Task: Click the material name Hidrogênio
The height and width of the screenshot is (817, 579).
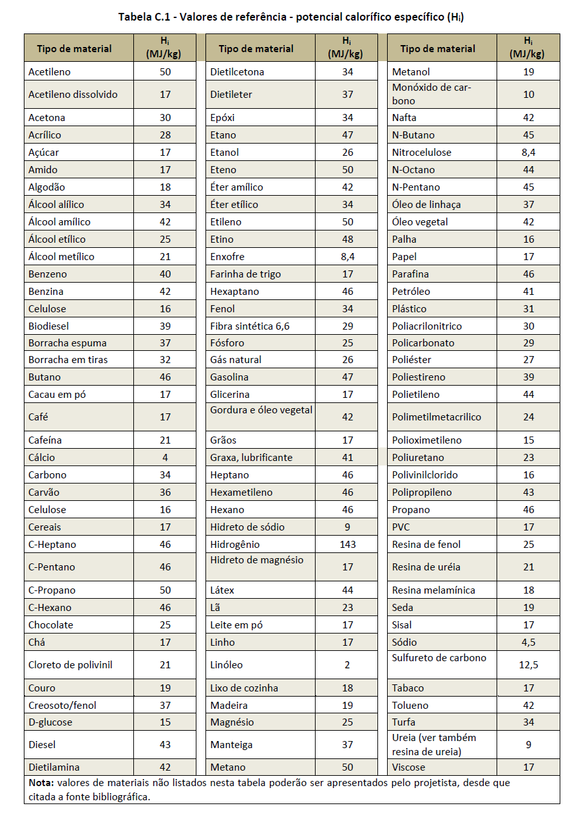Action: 235,545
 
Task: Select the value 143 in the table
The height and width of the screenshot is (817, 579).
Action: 347,545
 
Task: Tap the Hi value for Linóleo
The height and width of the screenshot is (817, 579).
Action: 347,665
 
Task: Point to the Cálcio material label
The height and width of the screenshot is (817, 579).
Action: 42,458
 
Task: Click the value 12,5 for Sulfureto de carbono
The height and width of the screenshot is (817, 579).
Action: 528,665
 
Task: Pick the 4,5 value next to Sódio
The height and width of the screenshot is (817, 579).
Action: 528,643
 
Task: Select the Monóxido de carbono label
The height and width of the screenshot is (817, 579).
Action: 431,94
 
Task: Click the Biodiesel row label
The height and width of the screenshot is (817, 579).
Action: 48,326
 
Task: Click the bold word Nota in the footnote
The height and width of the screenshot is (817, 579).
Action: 41,784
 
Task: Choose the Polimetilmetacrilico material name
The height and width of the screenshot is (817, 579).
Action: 436,417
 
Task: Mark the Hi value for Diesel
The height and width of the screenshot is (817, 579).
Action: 165,745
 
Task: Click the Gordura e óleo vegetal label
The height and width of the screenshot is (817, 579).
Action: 261,410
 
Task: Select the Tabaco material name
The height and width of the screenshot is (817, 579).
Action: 408,688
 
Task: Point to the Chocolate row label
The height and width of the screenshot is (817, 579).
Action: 51,625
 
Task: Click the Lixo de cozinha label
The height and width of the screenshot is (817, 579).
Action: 244,688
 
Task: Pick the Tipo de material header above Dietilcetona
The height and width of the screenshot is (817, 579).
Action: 256,49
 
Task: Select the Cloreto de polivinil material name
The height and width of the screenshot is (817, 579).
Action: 70,665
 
